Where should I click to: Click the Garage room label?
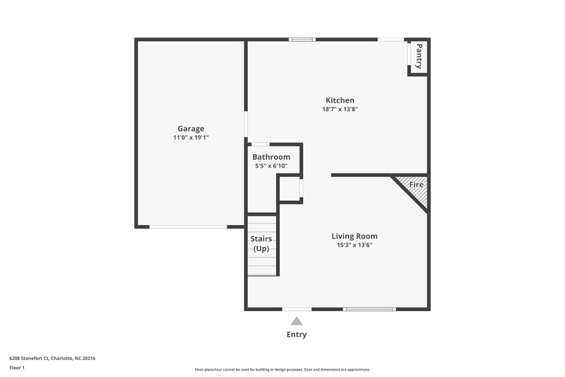click(191, 129)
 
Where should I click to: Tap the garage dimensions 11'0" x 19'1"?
click(191, 138)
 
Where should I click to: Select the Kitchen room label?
click(340, 100)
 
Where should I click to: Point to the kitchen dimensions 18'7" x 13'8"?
click(340, 110)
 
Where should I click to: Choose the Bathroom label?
click(271, 157)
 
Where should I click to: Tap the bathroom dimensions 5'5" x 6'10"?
click(271, 166)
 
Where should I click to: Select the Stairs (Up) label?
click(261, 244)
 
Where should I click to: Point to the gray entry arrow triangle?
click(297, 321)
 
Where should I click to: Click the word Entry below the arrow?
click(297, 335)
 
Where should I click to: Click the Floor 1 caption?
click(17, 368)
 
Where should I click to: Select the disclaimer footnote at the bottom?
click(282, 369)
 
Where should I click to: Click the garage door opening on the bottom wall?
click(188, 226)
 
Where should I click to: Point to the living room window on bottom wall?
click(369, 309)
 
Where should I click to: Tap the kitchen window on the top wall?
click(302, 40)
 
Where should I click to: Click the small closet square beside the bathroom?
click(290, 189)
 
